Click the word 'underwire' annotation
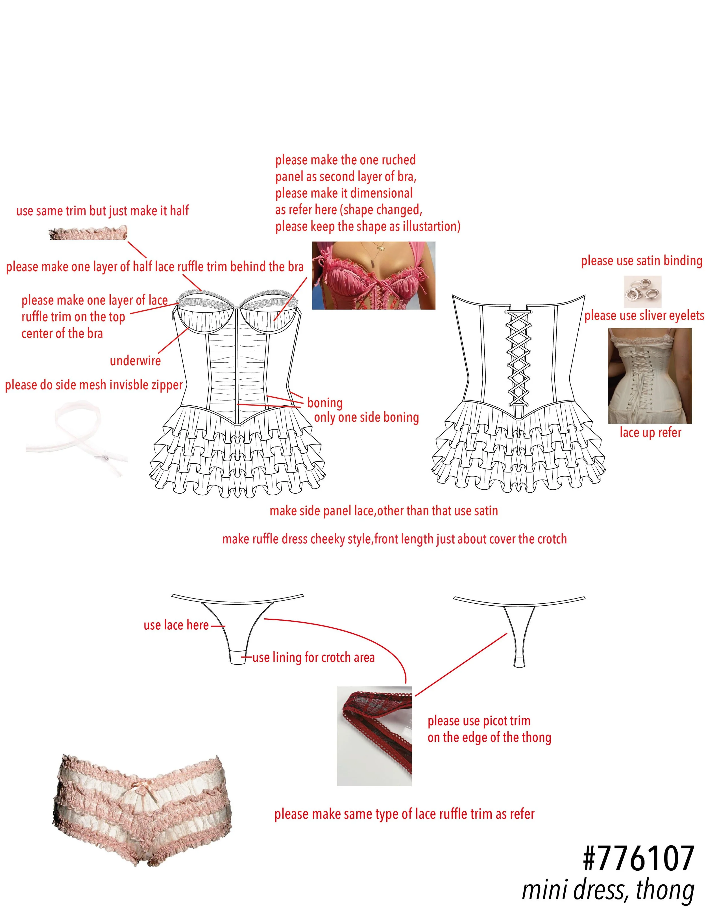coord(135,361)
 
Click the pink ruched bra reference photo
coord(374,275)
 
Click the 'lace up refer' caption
coord(650,432)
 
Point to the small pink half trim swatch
coord(88,233)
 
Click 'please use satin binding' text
coord(641,261)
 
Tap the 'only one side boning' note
coord(366,417)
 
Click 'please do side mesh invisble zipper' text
coord(94,385)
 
